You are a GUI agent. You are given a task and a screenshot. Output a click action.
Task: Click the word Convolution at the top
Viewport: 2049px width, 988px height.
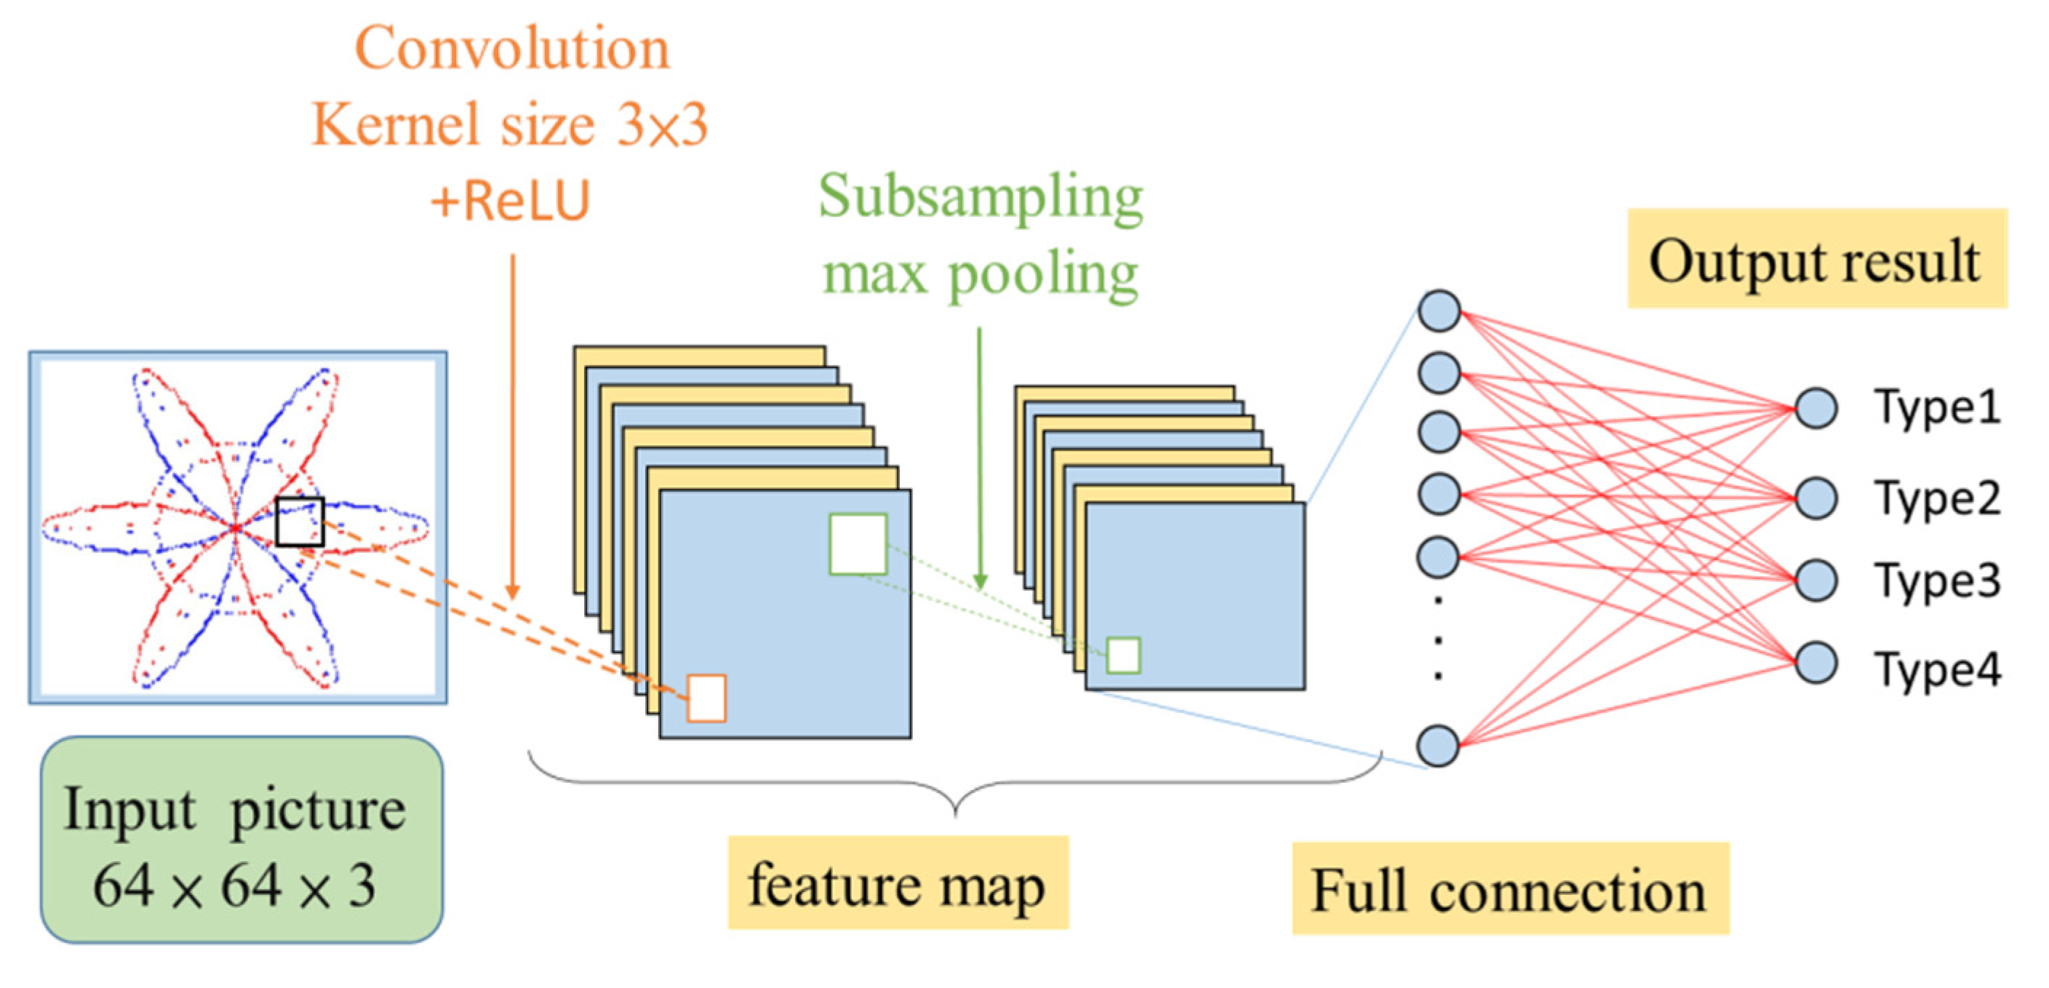coord(511,49)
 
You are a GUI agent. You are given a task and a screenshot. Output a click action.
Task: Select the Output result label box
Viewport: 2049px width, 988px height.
coord(1816,259)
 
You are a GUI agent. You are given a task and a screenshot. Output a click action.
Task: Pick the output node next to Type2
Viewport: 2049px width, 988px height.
coord(1816,498)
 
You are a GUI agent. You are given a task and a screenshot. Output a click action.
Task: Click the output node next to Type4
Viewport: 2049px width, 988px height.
coord(1816,663)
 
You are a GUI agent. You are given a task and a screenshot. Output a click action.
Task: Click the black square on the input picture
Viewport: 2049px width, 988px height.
coord(300,522)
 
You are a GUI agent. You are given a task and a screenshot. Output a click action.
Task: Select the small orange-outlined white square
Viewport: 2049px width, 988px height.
coord(706,698)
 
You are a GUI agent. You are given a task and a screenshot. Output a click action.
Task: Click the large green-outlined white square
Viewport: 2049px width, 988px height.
coord(858,544)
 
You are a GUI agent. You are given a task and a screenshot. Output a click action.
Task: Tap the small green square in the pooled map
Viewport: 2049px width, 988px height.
coord(1123,656)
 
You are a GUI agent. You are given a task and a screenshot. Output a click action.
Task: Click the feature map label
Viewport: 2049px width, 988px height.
coord(898,884)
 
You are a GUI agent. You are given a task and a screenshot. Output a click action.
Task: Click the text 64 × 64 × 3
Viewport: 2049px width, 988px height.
coord(235,885)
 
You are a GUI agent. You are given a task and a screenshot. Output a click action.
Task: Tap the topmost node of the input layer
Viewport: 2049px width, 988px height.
coord(1439,310)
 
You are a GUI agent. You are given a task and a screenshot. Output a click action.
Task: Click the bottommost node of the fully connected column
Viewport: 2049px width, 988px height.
coord(1438,746)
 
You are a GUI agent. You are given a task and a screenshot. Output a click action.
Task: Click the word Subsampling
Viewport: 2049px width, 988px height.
coord(980,196)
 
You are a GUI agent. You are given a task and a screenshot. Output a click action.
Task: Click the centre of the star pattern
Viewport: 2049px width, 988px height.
coord(236,527)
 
